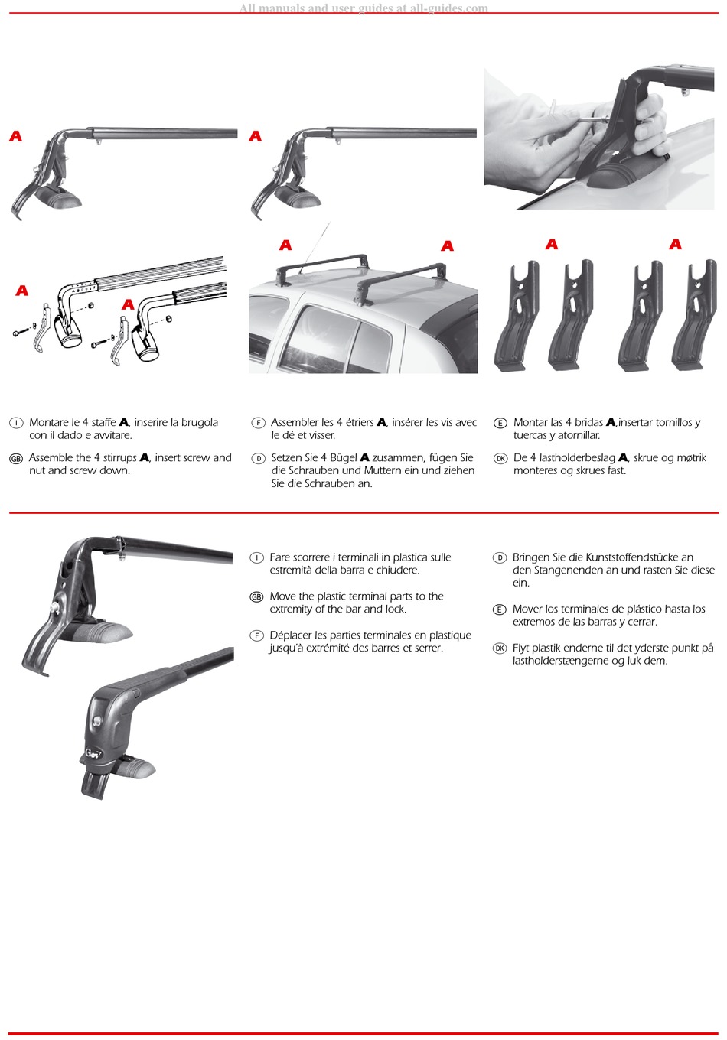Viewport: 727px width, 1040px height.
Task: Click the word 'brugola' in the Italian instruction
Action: pos(200,423)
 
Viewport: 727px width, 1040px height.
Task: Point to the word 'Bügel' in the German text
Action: pos(344,458)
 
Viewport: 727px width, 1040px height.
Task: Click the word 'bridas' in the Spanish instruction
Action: pos(588,422)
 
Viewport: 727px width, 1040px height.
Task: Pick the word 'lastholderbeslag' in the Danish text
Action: pos(577,458)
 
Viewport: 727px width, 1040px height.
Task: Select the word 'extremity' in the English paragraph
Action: pos(291,609)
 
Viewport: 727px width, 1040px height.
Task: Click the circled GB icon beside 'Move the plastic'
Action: pos(256,597)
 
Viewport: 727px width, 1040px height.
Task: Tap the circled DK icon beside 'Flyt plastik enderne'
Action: pos(500,648)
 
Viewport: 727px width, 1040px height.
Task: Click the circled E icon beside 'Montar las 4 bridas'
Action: pos(500,423)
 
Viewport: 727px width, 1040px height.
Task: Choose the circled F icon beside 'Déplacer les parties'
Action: pos(256,635)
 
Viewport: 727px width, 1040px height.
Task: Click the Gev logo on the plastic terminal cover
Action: pos(93,752)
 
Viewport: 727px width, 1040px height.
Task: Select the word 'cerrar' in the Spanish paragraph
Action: pos(643,622)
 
